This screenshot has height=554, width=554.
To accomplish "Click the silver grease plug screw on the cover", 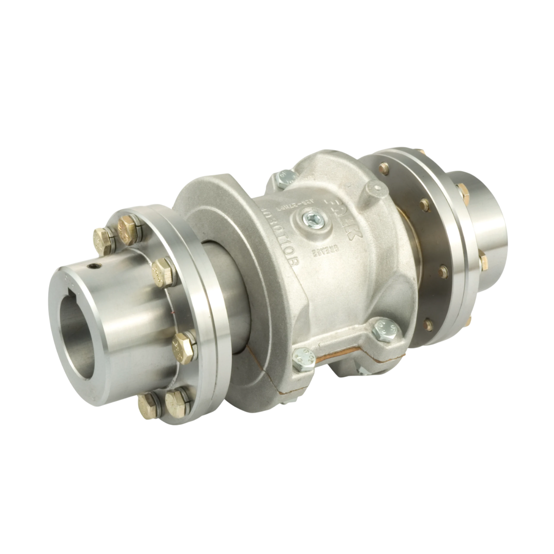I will click(x=313, y=220).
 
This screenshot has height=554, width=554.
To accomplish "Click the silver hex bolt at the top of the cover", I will click(x=286, y=179).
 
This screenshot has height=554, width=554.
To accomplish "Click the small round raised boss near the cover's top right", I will click(x=377, y=191).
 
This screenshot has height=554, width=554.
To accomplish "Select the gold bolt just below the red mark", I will click(x=184, y=348).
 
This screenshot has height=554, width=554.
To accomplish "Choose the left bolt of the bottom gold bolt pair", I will click(x=149, y=405).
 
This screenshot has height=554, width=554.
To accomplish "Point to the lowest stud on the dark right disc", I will click(x=428, y=324).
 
